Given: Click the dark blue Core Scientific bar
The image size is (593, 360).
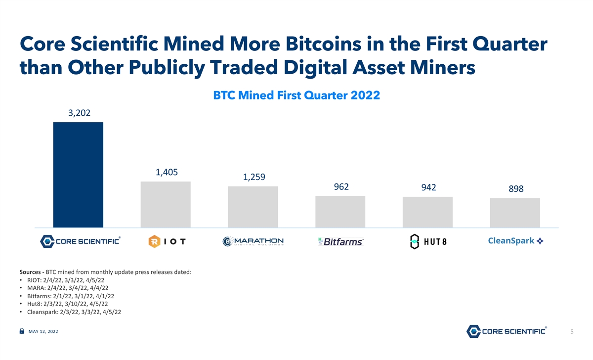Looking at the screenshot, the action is tap(78, 175).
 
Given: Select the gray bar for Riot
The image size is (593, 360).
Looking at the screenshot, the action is tap(166, 204).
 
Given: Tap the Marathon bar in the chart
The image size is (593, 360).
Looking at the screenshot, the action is tap(253, 207).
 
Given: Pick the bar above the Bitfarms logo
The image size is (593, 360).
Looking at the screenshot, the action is tap(340, 212).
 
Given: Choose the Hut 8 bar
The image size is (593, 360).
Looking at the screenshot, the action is tap(427, 212).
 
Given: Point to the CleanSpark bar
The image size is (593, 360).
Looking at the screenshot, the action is tap(515, 213).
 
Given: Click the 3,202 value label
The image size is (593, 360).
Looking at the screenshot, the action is tap(79, 113).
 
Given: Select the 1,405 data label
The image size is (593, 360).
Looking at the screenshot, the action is tap(167, 173).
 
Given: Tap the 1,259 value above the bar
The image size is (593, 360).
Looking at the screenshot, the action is tap(254, 177).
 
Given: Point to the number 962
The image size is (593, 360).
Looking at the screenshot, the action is tap(341, 187).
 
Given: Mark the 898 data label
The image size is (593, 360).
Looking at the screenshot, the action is tap(516, 188).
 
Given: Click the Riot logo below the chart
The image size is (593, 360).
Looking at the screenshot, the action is tap(167, 241).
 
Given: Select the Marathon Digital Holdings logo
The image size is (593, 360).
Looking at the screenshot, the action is tap(253, 241).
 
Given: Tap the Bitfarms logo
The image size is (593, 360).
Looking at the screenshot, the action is tap(340, 242).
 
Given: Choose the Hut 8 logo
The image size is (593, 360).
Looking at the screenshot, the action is tap(428, 241).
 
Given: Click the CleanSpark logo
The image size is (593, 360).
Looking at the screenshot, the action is tap(516, 241).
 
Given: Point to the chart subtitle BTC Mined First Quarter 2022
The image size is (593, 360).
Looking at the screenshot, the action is tap(296, 95).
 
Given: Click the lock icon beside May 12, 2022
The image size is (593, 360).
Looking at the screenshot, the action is tap(22, 331).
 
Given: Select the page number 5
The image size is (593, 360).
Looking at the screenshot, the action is tap(572, 332).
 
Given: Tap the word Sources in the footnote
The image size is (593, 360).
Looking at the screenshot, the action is tap(30, 272).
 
